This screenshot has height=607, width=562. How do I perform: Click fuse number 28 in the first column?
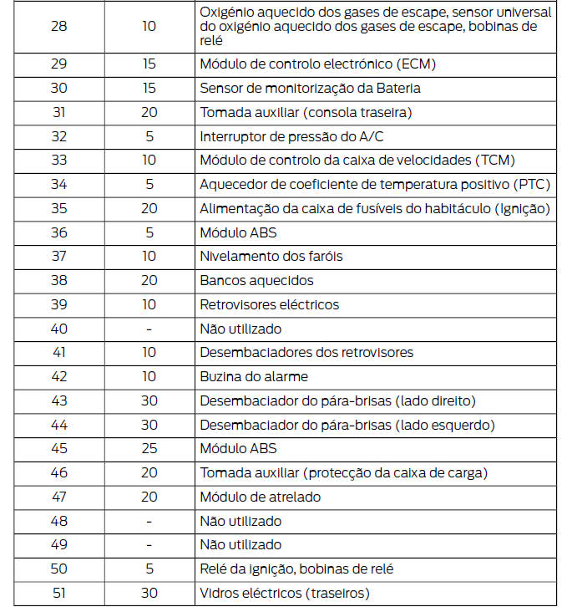[x=59, y=27]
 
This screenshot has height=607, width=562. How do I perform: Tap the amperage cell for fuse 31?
[x=149, y=112]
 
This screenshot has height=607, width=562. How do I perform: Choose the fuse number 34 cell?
[x=59, y=184]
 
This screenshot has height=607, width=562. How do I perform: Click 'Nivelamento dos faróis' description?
[x=271, y=257]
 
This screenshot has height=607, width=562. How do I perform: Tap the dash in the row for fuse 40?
[x=149, y=329]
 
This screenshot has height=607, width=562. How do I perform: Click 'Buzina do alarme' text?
[x=254, y=377]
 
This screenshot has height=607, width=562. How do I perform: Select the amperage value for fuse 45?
[x=149, y=449]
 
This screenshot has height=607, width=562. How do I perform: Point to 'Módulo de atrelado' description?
[x=260, y=497]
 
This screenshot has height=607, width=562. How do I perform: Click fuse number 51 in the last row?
[x=59, y=594]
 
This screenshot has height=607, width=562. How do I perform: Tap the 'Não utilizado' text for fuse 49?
[x=240, y=545]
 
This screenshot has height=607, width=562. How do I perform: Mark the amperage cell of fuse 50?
[x=149, y=569]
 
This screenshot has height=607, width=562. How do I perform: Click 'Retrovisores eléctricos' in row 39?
[x=269, y=305]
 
